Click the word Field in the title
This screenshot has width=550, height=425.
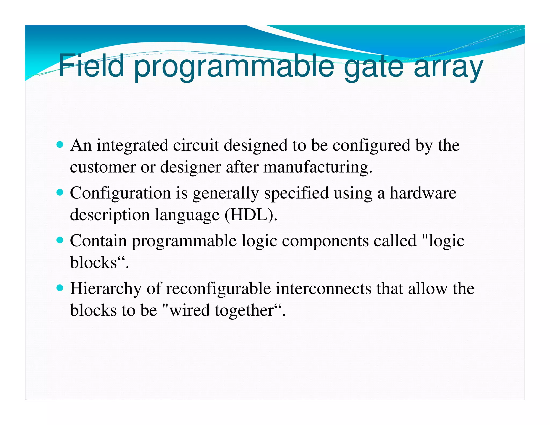point(91,65)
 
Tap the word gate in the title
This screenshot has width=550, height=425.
point(373,67)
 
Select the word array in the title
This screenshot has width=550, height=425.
point(448,67)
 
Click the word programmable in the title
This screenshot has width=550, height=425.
point(234,67)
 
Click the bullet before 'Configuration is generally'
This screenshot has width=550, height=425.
point(60,193)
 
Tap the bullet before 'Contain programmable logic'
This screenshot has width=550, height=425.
point(60,240)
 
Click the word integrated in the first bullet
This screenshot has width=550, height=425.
point(132,146)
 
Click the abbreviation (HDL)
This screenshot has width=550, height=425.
point(251,215)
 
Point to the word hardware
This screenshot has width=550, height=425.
point(423,193)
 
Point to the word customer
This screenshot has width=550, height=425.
point(103,167)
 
